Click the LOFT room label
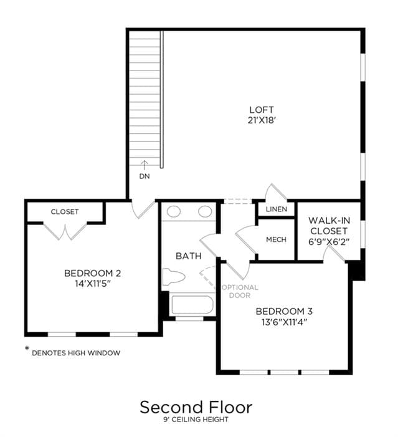tap(261, 110)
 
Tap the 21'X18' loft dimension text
tap(262, 120)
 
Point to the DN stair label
tap(145, 176)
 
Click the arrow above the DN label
tap(145, 165)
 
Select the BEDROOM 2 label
tap(92, 273)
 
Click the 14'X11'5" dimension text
tap(93, 284)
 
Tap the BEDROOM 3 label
tap(284, 311)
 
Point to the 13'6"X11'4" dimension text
tap(284, 322)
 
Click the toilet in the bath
tap(174, 277)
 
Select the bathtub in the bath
tap(192, 305)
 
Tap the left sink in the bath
tap(174, 211)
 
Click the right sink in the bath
tap(205, 211)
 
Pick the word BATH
tap(189, 256)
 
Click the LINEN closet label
tap(277, 209)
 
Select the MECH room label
tap(276, 239)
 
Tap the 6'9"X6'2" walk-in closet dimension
tap(329, 242)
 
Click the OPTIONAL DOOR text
tap(240, 291)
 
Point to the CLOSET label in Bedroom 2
tap(65, 212)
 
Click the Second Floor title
tap(196, 407)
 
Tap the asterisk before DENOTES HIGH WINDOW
tap(27, 348)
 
